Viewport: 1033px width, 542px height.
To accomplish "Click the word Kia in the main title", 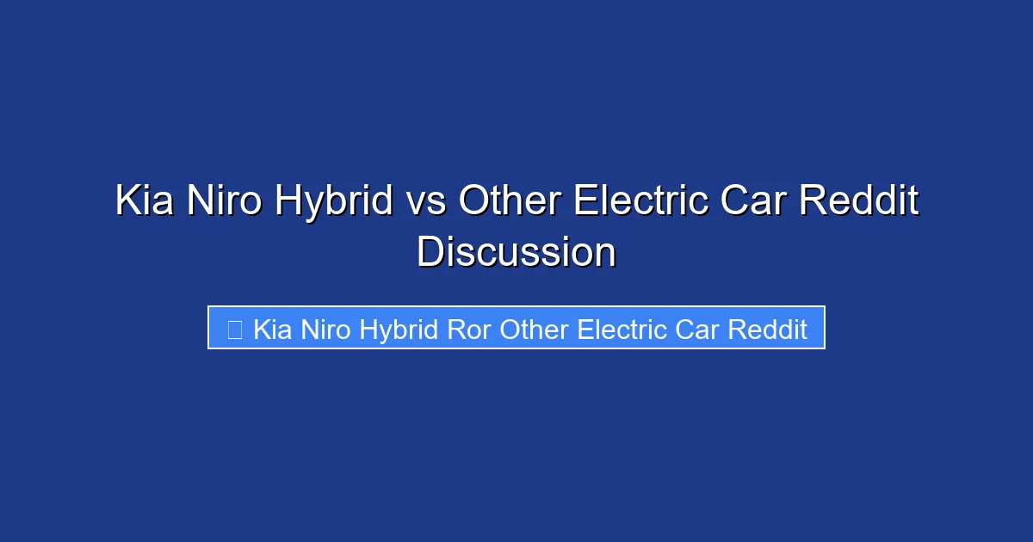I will [144, 202].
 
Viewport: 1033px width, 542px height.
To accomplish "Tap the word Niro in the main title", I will [225, 202].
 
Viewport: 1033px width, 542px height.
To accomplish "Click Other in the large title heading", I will [510, 202].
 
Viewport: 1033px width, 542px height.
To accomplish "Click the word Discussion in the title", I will [516, 254].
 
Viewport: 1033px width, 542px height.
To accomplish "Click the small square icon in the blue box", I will [234, 329].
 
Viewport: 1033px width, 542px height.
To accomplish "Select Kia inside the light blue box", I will [273, 330].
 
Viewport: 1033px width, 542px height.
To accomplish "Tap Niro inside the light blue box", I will [326, 330].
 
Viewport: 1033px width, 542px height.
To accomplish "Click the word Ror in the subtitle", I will [469, 330].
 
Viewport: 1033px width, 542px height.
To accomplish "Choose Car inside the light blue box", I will [694, 330].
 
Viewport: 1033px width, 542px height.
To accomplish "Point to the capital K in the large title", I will [127, 202].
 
